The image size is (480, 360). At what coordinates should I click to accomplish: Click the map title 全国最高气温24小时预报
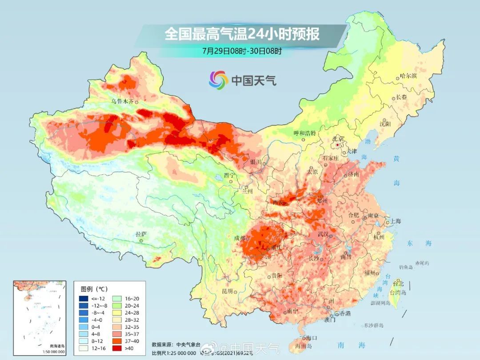point(242,34)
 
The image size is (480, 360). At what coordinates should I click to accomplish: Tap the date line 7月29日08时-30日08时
point(242,51)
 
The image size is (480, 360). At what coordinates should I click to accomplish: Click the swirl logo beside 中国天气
point(218,80)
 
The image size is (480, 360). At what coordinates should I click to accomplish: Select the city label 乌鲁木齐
point(123,101)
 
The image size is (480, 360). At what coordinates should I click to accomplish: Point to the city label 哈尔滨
point(408,76)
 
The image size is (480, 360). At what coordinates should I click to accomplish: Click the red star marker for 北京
point(338,145)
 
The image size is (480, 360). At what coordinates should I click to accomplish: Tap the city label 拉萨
point(141,234)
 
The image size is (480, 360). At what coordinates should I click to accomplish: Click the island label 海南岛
point(304,345)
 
